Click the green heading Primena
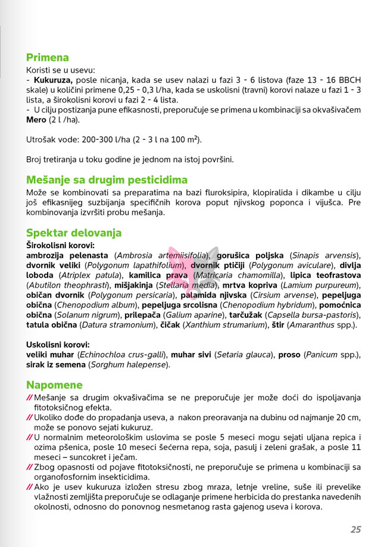(48, 58)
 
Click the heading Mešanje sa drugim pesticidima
(107, 180)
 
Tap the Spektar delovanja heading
(74, 233)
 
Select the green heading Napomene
(54, 385)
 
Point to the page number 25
(355, 529)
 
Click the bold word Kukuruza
(53, 80)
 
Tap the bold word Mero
(36, 120)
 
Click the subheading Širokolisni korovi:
(60, 245)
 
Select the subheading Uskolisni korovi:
(58, 344)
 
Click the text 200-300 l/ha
(110, 140)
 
